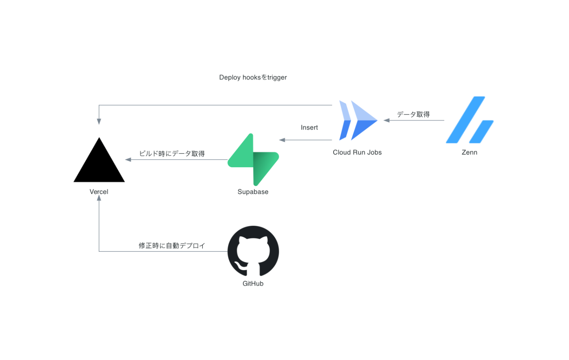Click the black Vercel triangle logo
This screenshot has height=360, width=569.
(99, 163)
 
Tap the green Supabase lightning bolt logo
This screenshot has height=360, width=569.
(253, 159)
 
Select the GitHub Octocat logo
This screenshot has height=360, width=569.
(253, 251)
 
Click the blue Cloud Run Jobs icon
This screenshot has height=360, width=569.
(358, 120)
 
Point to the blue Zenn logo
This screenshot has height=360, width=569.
(470, 120)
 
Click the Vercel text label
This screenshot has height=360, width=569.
(99, 192)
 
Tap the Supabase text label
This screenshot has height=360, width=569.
(253, 192)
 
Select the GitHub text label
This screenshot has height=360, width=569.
(253, 284)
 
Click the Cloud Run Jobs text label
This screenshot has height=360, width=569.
(357, 152)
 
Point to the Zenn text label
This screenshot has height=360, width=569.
(469, 152)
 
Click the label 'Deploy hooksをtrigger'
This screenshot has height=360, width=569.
(253, 77)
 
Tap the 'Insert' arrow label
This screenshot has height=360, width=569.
(309, 127)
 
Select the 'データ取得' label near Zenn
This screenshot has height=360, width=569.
(413, 114)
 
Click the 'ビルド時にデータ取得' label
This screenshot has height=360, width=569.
(172, 154)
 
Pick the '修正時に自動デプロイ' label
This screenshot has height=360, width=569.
(172, 246)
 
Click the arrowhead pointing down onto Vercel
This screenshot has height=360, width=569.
(99, 122)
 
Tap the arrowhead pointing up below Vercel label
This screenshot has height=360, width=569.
(99, 198)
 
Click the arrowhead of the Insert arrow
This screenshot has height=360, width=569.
(282, 140)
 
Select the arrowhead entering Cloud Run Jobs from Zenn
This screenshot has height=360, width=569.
(387, 120)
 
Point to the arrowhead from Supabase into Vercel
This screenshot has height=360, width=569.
(128, 159)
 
